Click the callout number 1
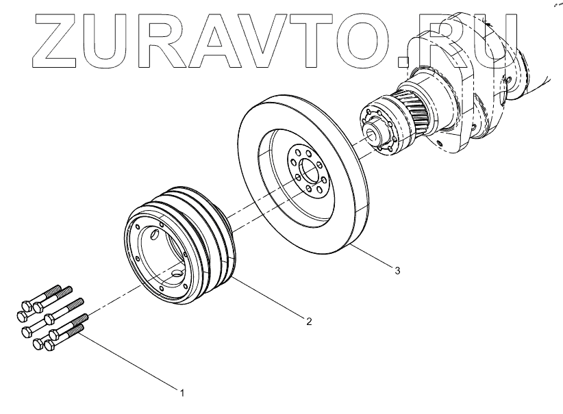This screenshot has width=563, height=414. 182,392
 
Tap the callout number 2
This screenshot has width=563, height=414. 309,321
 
